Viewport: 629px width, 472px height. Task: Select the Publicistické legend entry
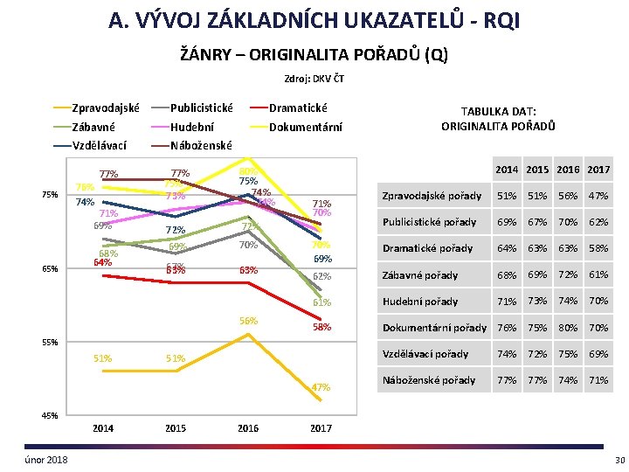coord(201,108)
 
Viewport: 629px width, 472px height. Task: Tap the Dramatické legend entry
coord(298,108)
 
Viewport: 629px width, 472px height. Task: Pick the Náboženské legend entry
coord(201,145)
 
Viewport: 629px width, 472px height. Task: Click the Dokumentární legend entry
coord(306,127)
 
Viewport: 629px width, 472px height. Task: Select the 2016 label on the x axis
coord(248,428)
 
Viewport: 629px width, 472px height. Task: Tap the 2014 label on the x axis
coord(103,428)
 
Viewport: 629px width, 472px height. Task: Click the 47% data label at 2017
coord(321,387)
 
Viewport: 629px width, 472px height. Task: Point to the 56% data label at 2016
coord(249,321)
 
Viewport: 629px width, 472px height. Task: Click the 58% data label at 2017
coord(321,327)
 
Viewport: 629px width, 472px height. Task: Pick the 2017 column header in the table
coord(599,169)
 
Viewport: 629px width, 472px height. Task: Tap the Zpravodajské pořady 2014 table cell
coord(507,196)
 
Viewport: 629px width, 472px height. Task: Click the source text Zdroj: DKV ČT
coord(314,80)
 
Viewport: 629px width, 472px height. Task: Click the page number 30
coord(619,460)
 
